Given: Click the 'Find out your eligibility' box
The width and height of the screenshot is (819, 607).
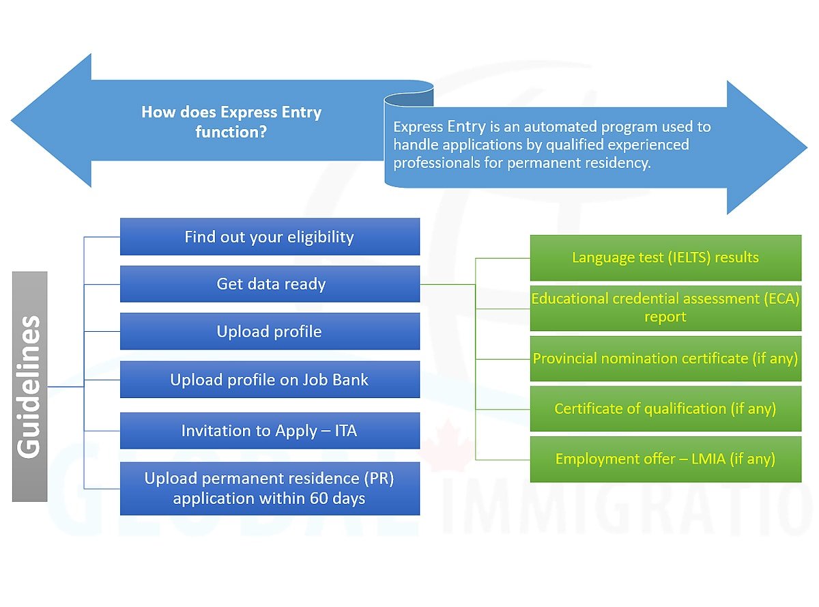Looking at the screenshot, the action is (x=270, y=236).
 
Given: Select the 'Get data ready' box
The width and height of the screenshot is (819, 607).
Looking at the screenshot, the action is (x=270, y=284).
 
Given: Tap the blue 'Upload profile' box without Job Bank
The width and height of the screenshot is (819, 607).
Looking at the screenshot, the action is (x=270, y=331).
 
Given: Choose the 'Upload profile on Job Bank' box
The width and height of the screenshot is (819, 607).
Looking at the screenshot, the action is (x=270, y=380).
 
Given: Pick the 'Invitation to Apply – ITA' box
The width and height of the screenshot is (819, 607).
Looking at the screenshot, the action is (x=270, y=430).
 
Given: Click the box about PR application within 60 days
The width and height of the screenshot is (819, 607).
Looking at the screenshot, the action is (x=270, y=488).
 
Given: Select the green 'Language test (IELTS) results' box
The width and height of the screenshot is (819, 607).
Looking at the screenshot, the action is (x=665, y=257).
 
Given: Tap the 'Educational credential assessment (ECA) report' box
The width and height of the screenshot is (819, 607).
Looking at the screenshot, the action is (x=665, y=308).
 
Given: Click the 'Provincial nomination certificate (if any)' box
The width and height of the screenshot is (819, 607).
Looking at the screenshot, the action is (x=665, y=358).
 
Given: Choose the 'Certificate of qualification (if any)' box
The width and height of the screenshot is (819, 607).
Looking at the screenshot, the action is (x=665, y=408).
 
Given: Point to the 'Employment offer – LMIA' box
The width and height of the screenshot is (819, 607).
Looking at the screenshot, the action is (x=665, y=460).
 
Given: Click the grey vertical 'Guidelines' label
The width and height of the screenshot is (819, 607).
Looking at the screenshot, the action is (x=29, y=386).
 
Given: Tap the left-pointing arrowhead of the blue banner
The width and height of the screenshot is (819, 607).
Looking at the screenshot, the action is (x=52, y=120).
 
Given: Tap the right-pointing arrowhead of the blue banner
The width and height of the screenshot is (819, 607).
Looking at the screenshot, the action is (x=767, y=147).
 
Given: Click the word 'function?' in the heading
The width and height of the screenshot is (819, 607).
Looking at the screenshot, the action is (x=231, y=132).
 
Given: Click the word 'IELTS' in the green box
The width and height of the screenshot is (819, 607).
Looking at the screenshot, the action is (x=689, y=257).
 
